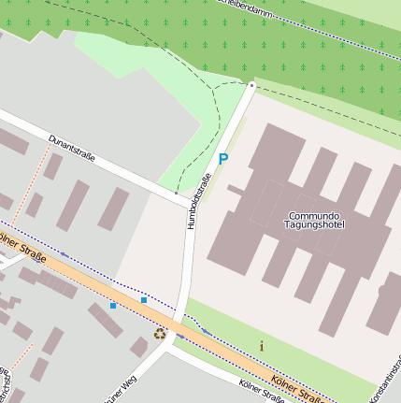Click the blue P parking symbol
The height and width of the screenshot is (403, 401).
222,160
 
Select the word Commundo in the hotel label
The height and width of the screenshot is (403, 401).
314,215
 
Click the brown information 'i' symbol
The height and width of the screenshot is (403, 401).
261,346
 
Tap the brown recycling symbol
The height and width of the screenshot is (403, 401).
160,332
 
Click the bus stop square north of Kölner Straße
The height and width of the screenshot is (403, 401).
144,300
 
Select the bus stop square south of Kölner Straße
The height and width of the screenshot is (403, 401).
113,306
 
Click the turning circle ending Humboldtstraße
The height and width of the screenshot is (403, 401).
251,85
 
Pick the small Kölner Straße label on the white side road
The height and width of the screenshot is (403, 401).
261,392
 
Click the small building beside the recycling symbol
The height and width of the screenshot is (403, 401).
139,347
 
